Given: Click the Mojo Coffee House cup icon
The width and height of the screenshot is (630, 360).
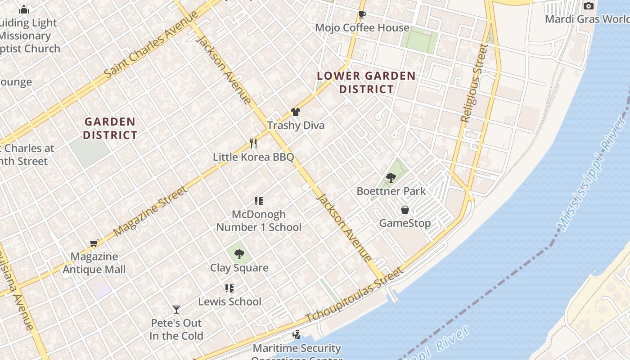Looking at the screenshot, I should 362,15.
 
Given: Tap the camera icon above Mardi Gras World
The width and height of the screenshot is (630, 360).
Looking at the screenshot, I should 588,6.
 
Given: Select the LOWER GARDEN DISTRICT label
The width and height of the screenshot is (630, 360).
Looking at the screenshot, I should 366,82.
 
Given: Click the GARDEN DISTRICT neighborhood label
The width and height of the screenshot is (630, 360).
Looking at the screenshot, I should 110,128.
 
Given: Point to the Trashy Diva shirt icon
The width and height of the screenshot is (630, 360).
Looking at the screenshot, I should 295,112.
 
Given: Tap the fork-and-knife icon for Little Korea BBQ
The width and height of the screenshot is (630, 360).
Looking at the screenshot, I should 253,144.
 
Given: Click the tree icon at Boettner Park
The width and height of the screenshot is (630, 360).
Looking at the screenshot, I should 391,178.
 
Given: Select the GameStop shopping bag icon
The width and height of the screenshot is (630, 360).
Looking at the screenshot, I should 405,210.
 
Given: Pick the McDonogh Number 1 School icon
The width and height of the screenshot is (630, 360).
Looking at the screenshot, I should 258,201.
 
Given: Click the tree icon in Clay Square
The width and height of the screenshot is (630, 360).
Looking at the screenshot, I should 239,254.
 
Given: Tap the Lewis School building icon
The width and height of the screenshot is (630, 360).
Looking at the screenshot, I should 229,288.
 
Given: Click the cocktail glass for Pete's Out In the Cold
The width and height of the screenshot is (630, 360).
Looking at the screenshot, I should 176,310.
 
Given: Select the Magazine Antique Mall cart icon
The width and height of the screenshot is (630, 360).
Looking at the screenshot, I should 94,243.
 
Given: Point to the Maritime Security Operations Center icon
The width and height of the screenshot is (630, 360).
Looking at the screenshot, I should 296,335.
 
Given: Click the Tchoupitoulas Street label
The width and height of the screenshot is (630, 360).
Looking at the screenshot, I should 354,295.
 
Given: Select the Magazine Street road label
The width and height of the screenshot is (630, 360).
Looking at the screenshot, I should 150,211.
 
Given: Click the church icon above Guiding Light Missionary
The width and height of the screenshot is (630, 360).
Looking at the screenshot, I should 24,9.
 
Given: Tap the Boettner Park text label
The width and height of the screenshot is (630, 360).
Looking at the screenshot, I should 391,191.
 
